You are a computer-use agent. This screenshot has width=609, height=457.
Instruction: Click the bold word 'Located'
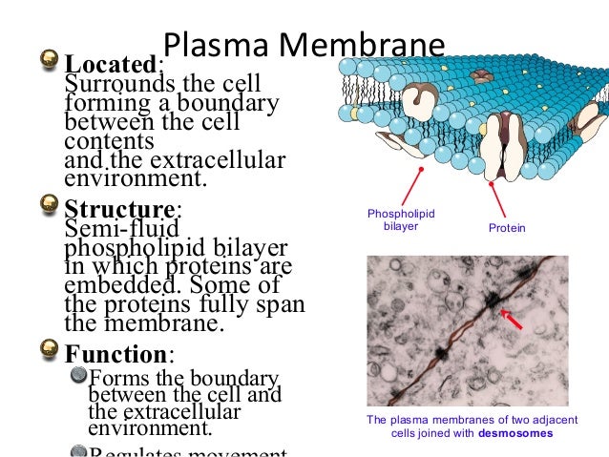pyautogui.click(x=109, y=65)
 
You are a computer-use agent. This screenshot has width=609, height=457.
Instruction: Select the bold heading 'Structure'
pyautogui.click(x=119, y=208)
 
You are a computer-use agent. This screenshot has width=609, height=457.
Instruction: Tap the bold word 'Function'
pyautogui.click(x=115, y=355)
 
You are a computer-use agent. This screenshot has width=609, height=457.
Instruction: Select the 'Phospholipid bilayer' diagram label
pyautogui.click(x=401, y=220)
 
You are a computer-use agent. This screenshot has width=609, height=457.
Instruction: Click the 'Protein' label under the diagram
pyautogui.click(x=505, y=229)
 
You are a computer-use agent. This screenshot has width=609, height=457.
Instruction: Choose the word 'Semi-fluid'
pyautogui.click(x=108, y=229)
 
